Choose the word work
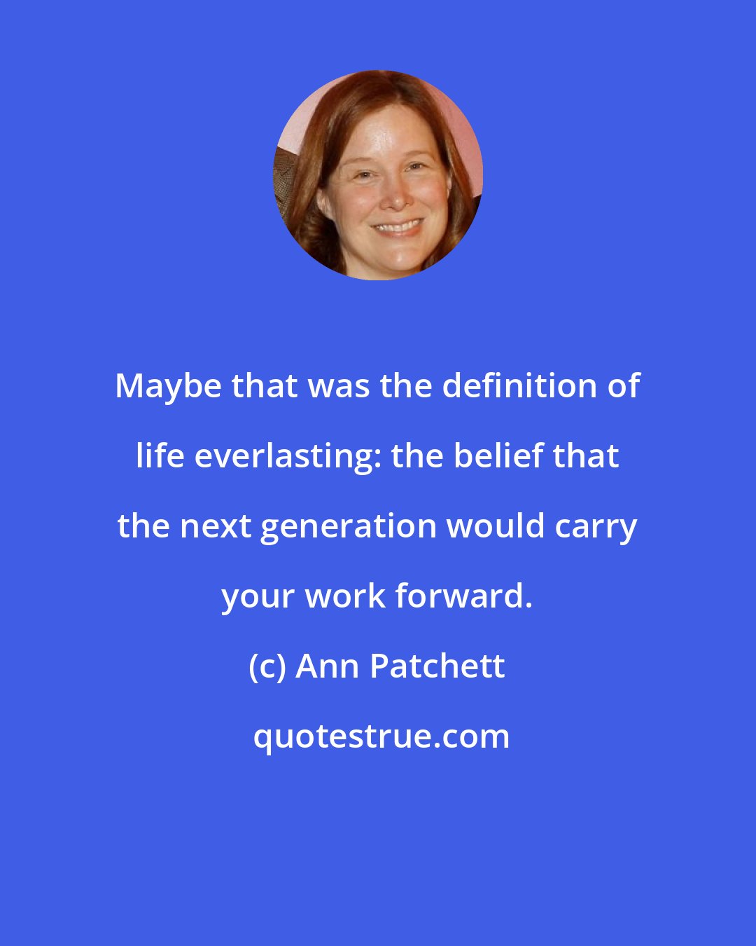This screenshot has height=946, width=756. pos(346,596)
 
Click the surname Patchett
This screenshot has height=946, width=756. pos(437,666)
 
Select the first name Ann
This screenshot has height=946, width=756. pos(328,666)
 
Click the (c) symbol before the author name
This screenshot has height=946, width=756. pos(267,666)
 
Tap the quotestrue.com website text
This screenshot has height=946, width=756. pos(381,736)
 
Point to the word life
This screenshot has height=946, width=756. pos(160,455)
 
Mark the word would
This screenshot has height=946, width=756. pos(496,526)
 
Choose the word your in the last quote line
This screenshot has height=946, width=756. pos(258,597)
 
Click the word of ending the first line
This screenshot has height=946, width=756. pos(623,385)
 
